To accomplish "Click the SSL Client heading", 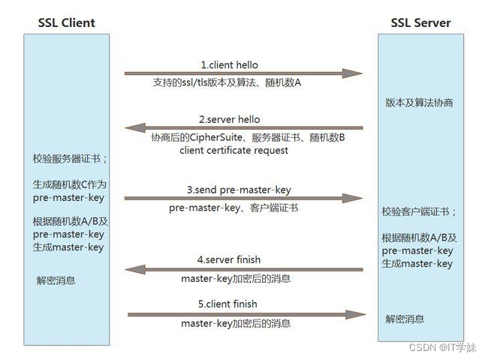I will click(x=66, y=22).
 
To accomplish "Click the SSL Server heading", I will click(x=420, y=22).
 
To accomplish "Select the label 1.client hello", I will click(x=229, y=64).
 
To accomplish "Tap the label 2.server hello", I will click(x=230, y=119).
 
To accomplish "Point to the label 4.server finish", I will click(x=229, y=259).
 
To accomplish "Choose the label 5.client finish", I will click(x=228, y=304).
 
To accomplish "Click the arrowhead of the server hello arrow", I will click(x=134, y=128).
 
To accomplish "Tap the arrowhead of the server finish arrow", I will click(x=134, y=268).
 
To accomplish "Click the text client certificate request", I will click(x=233, y=150).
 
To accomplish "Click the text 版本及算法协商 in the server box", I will click(x=419, y=103).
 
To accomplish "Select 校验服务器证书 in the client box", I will click(x=70, y=158).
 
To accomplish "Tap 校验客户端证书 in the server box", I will click(x=419, y=212).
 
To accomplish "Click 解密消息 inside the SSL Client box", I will click(x=56, y=280).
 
